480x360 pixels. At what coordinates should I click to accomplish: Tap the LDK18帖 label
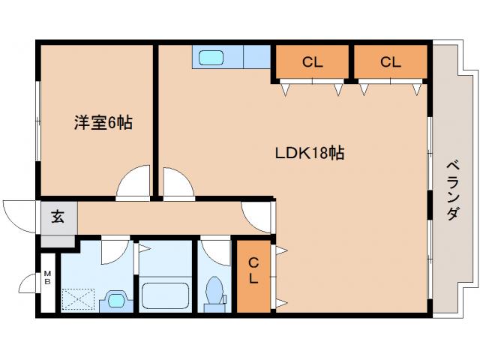(308, 153)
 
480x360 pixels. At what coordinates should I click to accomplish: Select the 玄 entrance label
(57, 218)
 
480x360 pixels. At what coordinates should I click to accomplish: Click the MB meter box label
(46, 277)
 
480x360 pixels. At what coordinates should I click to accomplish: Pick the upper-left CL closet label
(313, 63)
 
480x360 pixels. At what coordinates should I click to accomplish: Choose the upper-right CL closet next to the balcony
(390, 63)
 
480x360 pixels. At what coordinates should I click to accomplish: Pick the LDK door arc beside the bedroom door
(178, 183)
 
